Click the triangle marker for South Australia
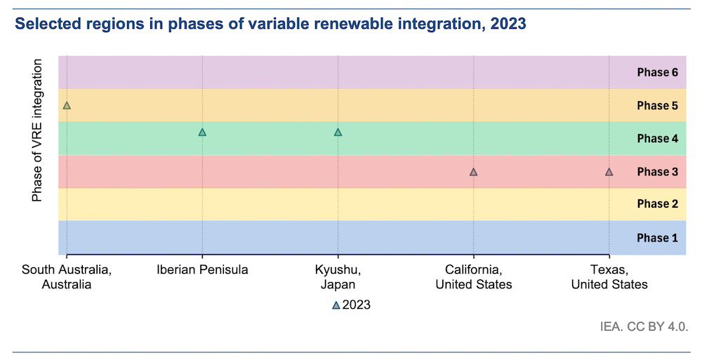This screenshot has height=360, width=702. pyautogui.click(x=67, y=106)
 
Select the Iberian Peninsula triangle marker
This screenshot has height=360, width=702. pyautogui.click(x=202, y=132)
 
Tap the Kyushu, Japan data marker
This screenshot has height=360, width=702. pyautogui.click(x=338, y=132)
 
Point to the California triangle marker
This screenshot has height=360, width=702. pyautogui.click(x=474, y=171)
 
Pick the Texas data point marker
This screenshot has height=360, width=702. pyautogui.click(x=609, y=171)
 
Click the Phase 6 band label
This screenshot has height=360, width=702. pyautogui.click(x=657, y=72)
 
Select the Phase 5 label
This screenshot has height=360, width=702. pyautogui.click(x=657, y=105)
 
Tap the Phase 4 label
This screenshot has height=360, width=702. pyautogui.click(x=657, y=138)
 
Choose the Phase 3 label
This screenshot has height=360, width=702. pyautogui.click(x=657, y=171)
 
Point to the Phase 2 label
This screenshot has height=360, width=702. pyautogui.click(x=657, y=204)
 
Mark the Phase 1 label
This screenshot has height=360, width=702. pyautogui.click(x=657, y=238)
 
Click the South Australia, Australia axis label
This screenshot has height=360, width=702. pyautogui.click(x=67, y=276)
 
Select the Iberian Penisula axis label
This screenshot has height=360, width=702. pyautogui.click(x=202, y=269)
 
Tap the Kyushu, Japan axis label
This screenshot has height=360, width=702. pyautogui.click(x=338, y=276)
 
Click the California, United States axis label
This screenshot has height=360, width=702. pyautogui.click(x=474, y=276)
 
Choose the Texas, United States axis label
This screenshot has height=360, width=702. pyautogui.click(x=609, y=276)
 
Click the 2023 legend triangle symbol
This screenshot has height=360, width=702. pyautogui.click(x=336, y=305)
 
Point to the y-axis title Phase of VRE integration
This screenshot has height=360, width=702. pyautogui.click(x=37, y=131)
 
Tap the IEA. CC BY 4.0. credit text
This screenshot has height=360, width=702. pyautogui.click(x=643, y=326)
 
